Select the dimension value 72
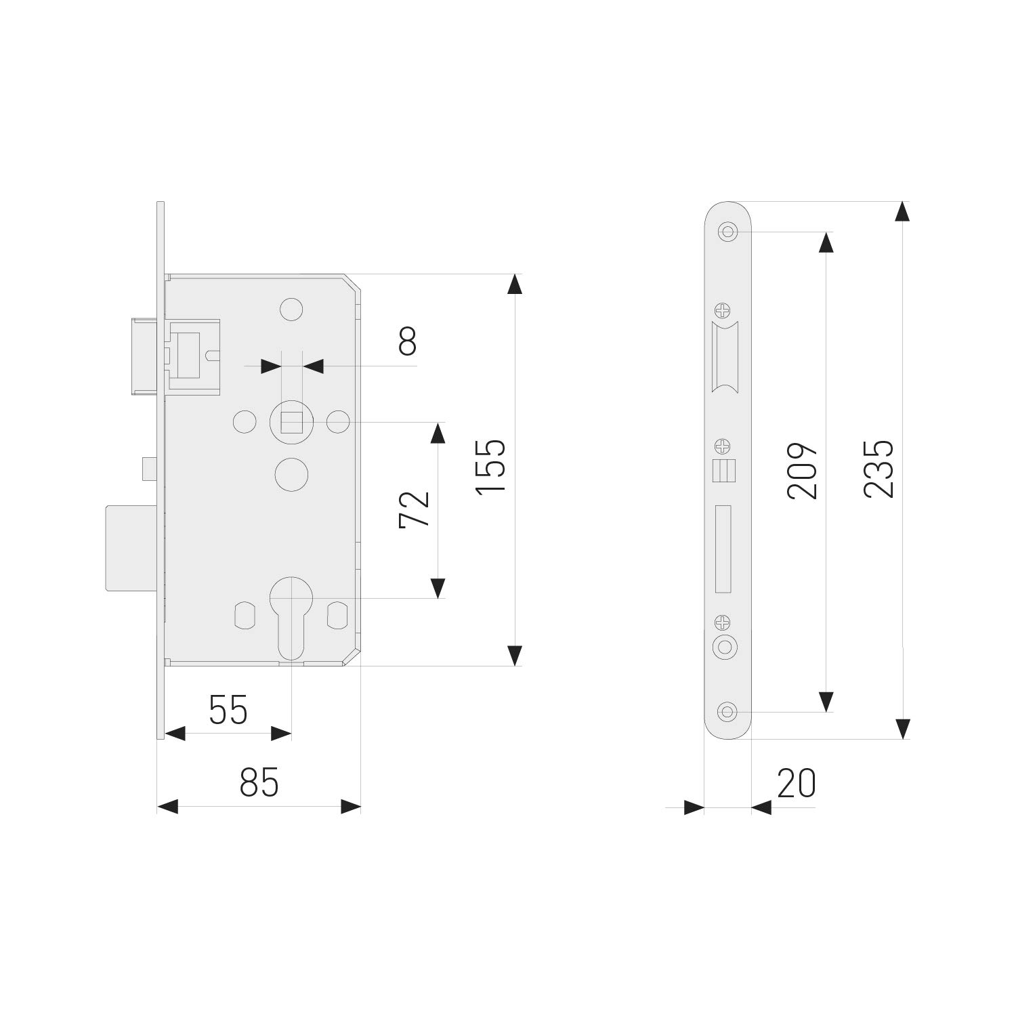(415, 509)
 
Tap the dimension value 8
(408, 341)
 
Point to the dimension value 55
(228, 710)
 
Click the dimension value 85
(259, 783)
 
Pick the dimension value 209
(803, 471)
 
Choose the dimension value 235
(879, 469)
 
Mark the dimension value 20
(797, 784)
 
